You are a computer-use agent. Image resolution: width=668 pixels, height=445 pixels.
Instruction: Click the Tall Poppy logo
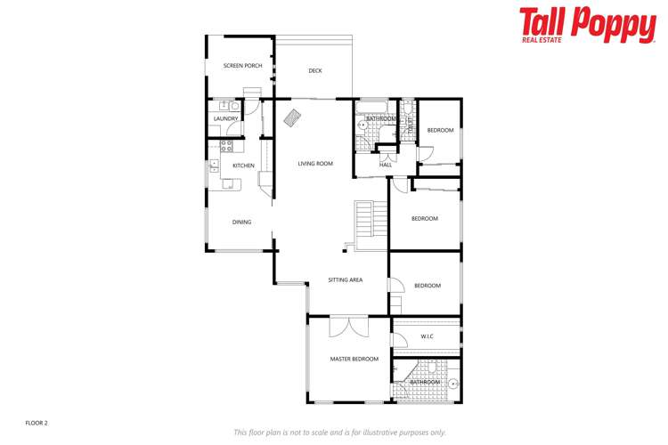(587, 25)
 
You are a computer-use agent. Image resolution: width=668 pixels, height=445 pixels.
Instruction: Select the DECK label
(315, 70)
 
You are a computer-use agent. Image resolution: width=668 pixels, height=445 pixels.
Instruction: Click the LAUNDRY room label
(225, 118)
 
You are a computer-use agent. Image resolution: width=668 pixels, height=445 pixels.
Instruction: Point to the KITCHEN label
(243, 166)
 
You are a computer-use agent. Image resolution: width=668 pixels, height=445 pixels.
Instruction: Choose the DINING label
(241, 222)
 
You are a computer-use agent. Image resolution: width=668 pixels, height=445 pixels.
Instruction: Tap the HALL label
(386, 165)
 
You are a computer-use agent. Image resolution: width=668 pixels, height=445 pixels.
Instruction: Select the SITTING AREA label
(345, 280)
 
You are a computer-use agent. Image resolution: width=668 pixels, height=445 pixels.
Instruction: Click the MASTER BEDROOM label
(354, 360)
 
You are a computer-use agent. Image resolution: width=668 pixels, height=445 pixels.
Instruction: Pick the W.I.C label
(427, 336)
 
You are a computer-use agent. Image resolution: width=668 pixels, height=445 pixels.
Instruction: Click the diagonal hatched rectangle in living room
(292, 117)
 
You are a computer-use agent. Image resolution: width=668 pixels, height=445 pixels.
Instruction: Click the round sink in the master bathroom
(452, 384)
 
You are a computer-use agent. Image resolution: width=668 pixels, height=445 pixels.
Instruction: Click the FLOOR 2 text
(37, 423)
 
